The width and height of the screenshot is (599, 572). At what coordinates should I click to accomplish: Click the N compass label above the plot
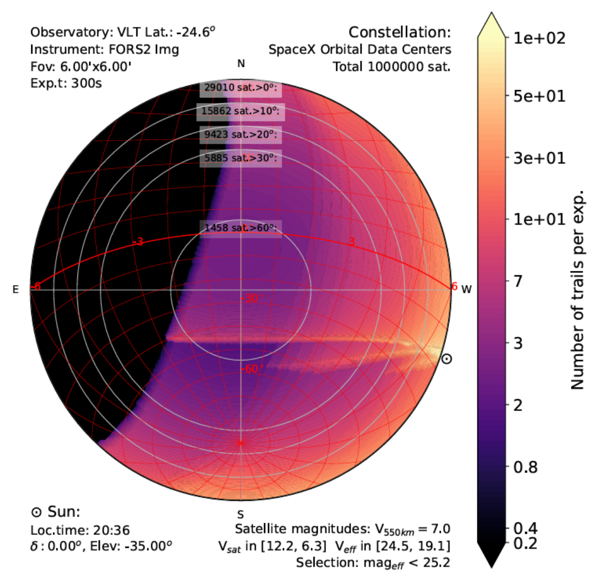click(241, 63)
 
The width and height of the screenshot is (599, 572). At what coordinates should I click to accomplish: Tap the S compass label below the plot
click(240, 514)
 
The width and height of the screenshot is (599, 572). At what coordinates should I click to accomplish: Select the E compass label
click(16, 289)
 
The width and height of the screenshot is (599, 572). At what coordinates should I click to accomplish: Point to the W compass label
click(466, 289)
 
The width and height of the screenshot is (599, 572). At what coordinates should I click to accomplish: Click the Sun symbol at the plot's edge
click(447, 359)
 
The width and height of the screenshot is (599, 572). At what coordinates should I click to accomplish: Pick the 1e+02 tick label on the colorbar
click(539, 38)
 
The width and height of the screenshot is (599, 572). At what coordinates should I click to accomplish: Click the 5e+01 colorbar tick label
click(539, 96)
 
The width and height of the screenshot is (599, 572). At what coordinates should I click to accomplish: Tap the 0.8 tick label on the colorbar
click(525, 467)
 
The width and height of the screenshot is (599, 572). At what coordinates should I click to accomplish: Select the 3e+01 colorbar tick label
click(539, 158)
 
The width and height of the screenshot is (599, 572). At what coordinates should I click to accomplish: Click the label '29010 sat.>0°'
click(241, 88)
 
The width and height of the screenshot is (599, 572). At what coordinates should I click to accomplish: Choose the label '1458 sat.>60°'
click(241, 228)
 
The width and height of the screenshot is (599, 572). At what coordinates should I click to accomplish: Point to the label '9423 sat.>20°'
click(241, 134)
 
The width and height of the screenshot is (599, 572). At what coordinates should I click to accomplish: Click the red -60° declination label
click(252, 369)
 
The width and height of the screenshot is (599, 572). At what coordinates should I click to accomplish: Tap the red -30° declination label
click(252, 298)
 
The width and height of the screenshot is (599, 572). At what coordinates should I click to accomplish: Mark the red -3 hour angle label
click(138, 242)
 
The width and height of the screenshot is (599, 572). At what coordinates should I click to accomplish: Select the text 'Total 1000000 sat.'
click(391, 67)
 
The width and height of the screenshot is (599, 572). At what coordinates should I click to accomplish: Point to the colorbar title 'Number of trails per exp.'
click(577, 289)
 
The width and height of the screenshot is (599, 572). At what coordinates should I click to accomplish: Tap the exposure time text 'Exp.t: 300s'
click(66, 83)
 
